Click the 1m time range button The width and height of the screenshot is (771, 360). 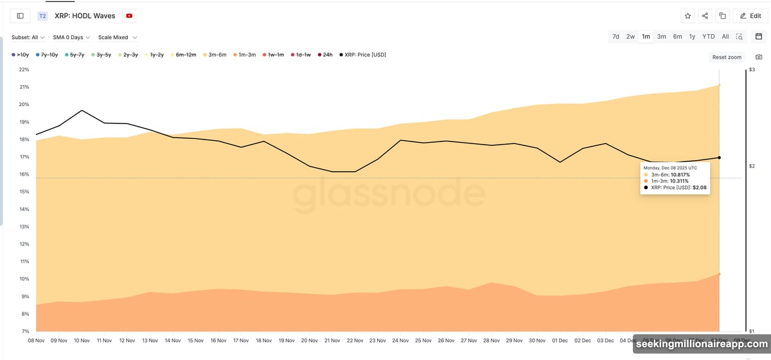646,37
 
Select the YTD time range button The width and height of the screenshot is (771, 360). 708,37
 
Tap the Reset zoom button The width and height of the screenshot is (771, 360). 727,57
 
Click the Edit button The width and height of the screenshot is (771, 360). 750,15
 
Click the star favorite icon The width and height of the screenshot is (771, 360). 687,15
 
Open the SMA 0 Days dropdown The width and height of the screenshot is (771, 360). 71,37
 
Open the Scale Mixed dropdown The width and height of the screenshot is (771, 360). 117,37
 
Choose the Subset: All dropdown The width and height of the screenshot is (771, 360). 28,37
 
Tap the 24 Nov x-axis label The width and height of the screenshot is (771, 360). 401,341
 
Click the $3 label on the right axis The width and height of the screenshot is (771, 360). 752,69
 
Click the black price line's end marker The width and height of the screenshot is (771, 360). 719,157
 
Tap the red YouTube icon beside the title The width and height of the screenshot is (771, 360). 130,15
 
